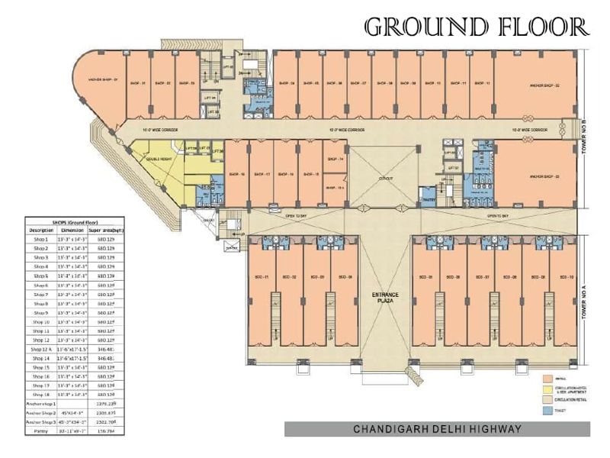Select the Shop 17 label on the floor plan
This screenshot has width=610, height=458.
click(260, 174)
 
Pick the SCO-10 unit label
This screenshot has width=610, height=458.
click(566, 276)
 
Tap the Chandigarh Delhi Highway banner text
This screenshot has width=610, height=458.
click(437, 429)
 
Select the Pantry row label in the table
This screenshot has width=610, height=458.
click(40, 430)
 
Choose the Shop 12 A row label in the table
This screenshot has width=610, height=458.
click(40, 348)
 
